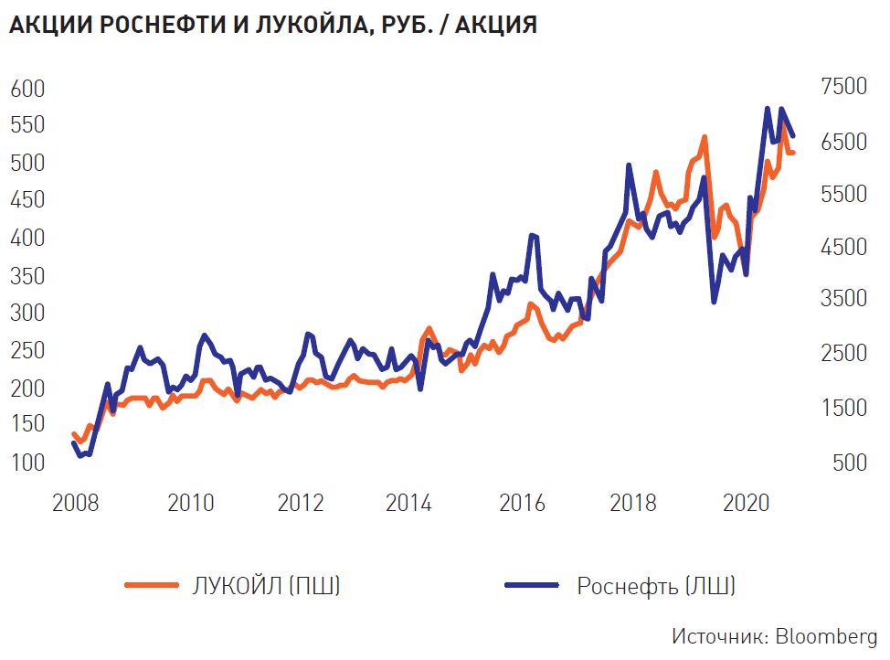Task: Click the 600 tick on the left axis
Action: (28, 89)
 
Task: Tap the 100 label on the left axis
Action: (28, 463)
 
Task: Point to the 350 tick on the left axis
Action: (28, 276)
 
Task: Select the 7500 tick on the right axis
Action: (843, 87)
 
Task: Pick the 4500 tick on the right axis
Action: (843, 248)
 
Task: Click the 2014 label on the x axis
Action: (413, 504)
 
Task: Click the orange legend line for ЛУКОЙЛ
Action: (152, 586)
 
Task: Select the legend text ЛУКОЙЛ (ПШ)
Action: (267, 586)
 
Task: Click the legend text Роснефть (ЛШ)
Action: (656, 586)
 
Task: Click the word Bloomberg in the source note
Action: (827, 636)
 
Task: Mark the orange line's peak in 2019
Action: (705, 137)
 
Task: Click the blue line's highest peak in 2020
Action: (768, 109)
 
